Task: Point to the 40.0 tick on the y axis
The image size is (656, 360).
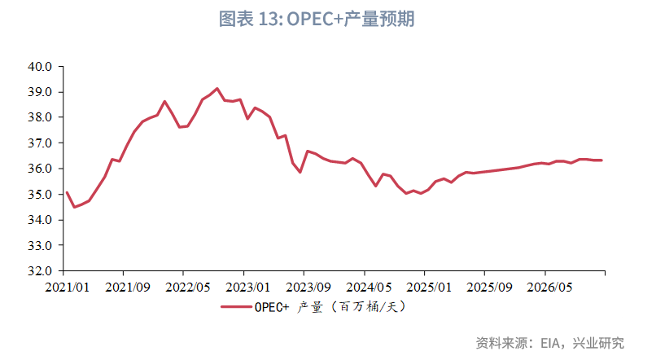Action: click(42, 66)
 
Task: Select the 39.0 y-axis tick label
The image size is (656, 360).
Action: click(42, 92)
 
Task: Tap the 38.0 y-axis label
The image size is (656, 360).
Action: click(42, 117)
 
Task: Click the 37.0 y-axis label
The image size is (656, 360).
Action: click(42, 143)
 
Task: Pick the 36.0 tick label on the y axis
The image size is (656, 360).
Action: click(42, 169)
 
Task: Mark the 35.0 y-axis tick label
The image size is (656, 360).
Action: click(42, 195)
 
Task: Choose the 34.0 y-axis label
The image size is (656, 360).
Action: click(42, 220)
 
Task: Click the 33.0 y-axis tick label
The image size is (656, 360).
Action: click(42, 245)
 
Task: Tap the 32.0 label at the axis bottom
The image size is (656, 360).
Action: click(42, 270)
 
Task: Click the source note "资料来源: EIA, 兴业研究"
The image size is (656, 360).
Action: click(549, 342)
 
